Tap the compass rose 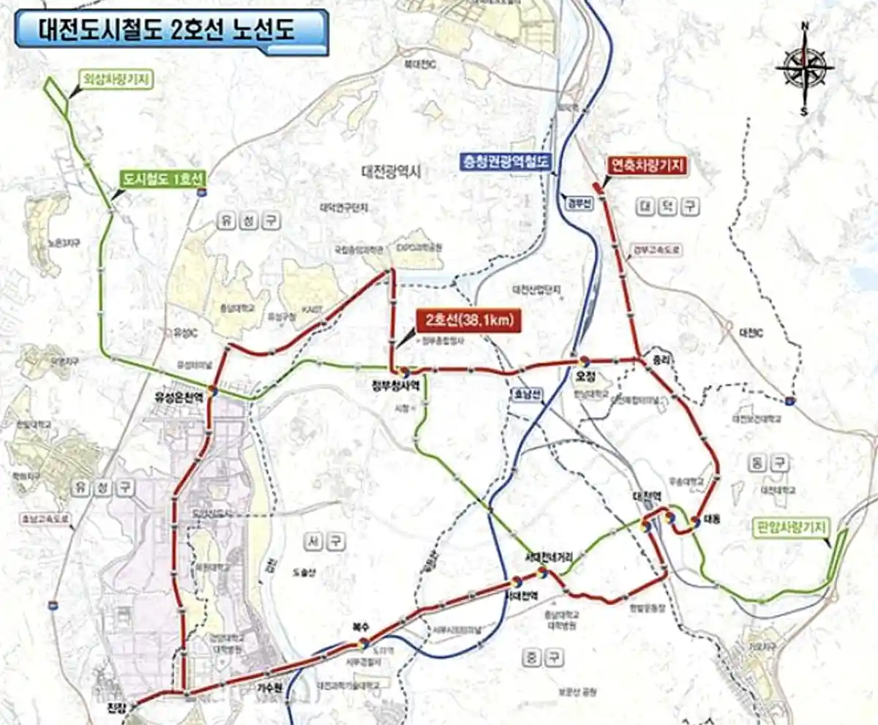click(805, 70)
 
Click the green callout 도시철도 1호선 click(163, 179)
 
